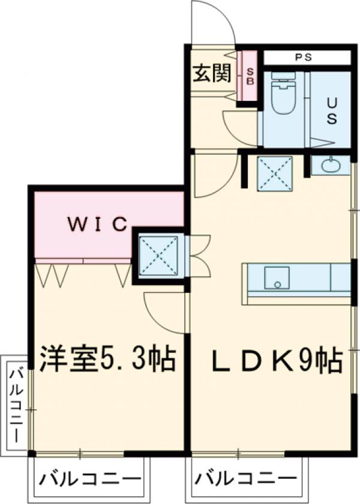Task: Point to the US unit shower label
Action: point(331,110)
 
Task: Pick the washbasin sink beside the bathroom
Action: point(331,165)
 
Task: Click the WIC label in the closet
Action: point(97,224)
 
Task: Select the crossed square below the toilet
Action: point(275,173)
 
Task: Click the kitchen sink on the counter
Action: point(276,278)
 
